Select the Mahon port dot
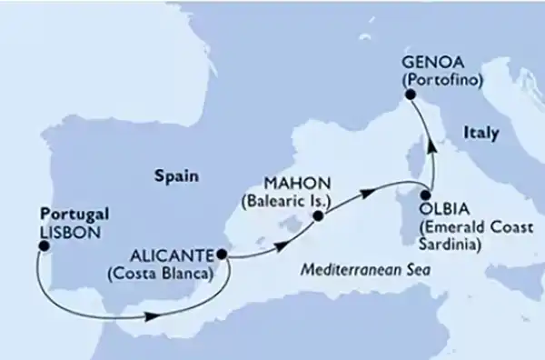pyautogui.click(x=318, y=216)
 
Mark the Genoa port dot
pyautogui.click(x=410, y=94)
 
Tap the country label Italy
pyautogui.click(x=481, y=133)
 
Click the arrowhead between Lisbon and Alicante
pyautogui.click(x=154, y=317)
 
